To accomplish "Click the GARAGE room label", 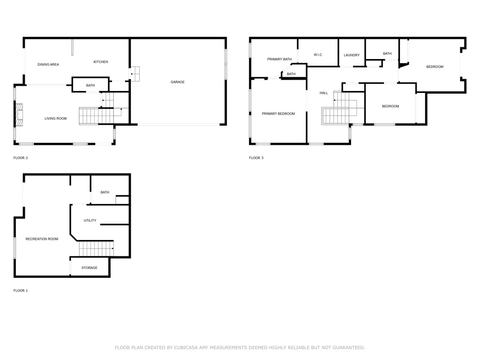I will click(177, 82).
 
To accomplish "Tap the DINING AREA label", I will click(48, 64).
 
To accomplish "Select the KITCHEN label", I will click(101, 62).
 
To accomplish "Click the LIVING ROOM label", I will click(56, 119).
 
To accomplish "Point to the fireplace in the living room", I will click(19, 115).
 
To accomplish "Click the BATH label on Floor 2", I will click(90, 85).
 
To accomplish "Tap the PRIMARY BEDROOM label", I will click(278, 113).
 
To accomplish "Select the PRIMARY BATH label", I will click(279, 59).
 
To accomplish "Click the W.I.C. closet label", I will click(318, 55).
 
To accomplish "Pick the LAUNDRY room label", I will click(352, 55).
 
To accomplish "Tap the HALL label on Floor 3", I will click(324, 93).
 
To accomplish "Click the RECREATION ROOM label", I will click(42, 239).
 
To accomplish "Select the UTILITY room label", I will click(90, 220).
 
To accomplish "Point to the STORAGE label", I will click(90, 268).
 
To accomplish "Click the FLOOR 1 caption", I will click(21, 291).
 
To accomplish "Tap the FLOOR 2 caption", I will click(21, 158).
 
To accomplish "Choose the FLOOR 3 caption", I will click(256, 158).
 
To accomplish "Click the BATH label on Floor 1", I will click(105, 192).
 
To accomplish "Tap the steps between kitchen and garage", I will click(135, 74).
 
